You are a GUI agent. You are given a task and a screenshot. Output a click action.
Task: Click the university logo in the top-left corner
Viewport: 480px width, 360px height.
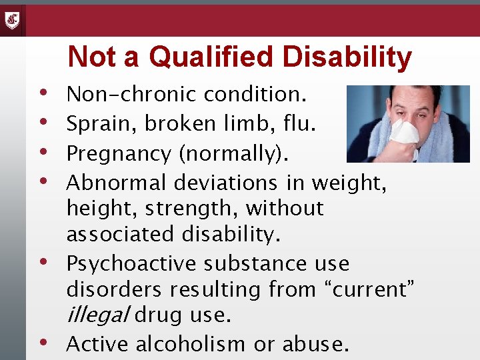(12, 20)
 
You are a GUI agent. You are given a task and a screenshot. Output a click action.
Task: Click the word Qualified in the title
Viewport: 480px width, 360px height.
(211, 57)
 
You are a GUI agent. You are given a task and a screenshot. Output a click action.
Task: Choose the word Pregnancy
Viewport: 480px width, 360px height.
(119, 154)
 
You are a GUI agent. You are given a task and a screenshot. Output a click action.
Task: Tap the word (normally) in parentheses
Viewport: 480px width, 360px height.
(234, 154)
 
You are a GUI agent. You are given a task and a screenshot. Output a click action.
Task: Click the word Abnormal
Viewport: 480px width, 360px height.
(117, 182)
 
